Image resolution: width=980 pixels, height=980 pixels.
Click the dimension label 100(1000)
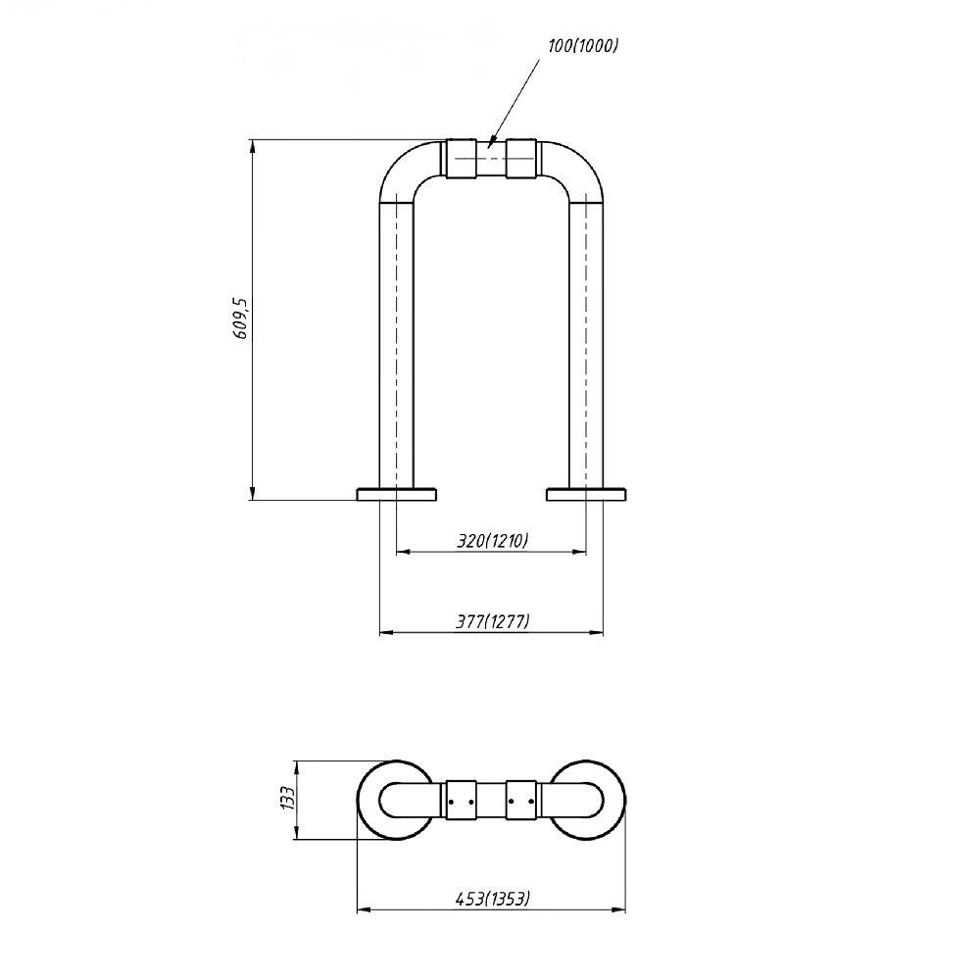[x=583, y=46]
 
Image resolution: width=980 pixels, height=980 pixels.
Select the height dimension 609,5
[x=241, y=318]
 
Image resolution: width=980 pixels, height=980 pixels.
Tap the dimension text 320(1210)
[x=493, y=540]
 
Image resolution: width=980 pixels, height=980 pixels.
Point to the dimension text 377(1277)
[x=493, y=621]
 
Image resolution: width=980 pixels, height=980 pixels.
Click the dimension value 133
[x=287, y=798]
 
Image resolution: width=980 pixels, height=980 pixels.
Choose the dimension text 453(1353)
[x=493, y=899]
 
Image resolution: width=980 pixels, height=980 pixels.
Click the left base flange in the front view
[x=396, y=494]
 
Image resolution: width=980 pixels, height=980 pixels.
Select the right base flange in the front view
[x=586, y=494]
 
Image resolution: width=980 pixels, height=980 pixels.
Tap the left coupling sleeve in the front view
[x=462, y=158]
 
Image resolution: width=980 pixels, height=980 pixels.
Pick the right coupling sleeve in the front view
[x=521, y=158]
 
